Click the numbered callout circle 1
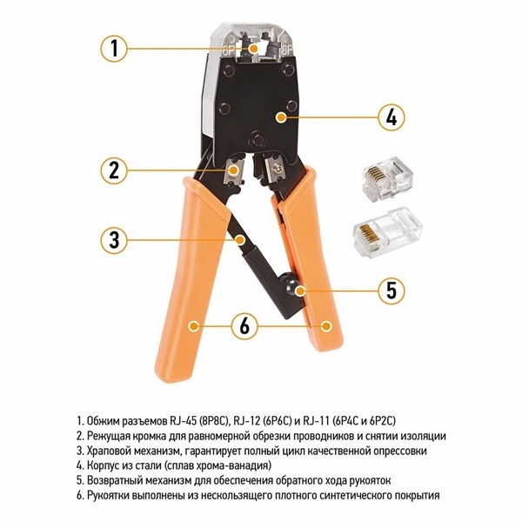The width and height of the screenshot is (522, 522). pyautogui.click(x=114, y=49)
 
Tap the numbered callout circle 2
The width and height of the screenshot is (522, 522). pyautogui.click(x=114, y=171)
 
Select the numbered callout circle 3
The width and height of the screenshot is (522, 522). pyautogui.click(x=114, y=240)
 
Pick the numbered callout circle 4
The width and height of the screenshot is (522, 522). pyautogui.click(x=391, y=117)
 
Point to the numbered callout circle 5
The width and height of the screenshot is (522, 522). pyautogui.click(x=391, y=291)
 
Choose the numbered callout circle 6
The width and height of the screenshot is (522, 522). pyautogui.click(x=244, y=325)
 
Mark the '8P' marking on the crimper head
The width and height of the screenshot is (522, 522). pyautogui.click(x=287, y=51)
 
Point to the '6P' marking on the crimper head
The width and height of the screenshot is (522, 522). pyautogui.click(x=228, y=51)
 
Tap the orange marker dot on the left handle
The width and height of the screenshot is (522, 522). pyautogui.click(x=193, y=326)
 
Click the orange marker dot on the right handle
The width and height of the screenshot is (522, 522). pyautogui.click(x=326, y=326)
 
